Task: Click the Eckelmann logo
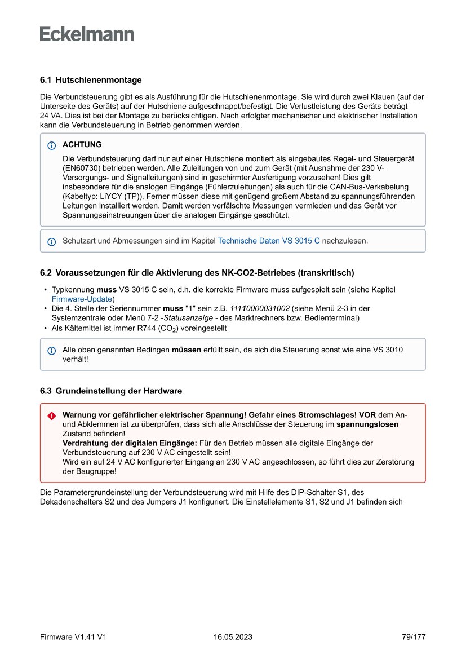pyautogui.click(x=87, y=34)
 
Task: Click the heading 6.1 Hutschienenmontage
pyautogui.click(x=91, y=80)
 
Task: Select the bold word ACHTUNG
pyautogui.click(x=82, y=145)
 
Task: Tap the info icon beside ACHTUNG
pyautogui.click(x=52, y=145)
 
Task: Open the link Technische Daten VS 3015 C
pyautogui.click(x=269, y=241)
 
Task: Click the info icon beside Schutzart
pyautogui.click(x=52, y=241)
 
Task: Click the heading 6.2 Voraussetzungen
pyautogui.click(x=197, y=273)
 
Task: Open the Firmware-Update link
pyautogui.click(x=83, y=299)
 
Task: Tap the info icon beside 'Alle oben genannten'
pyautogui.click(x=52, y=350)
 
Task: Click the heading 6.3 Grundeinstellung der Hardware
pyautogui.click(x=111, y=391)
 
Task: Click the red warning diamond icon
pyautogui.click(x=52, y=416)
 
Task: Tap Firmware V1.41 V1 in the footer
pyautogui.click(x=73, y=637)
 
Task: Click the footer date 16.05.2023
pyautogui.click(x=233, y=637)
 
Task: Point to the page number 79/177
pyautogui.click(x=414, y=637)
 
